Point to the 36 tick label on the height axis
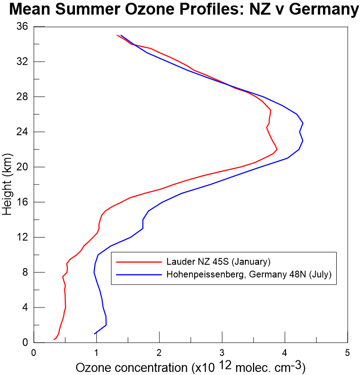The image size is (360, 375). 22,26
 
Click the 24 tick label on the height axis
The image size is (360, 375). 22,132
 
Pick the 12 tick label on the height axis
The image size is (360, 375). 22,237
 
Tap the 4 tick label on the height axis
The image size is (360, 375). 25,307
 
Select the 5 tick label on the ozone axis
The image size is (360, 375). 348,353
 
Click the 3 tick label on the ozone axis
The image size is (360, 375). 222,353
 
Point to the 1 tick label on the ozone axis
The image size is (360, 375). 96,353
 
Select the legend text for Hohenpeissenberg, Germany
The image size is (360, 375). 249,275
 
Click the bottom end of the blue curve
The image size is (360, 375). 95,334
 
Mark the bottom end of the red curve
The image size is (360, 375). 54,339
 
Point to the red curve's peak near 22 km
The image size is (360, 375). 277,149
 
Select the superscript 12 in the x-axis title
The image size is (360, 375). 229,363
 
